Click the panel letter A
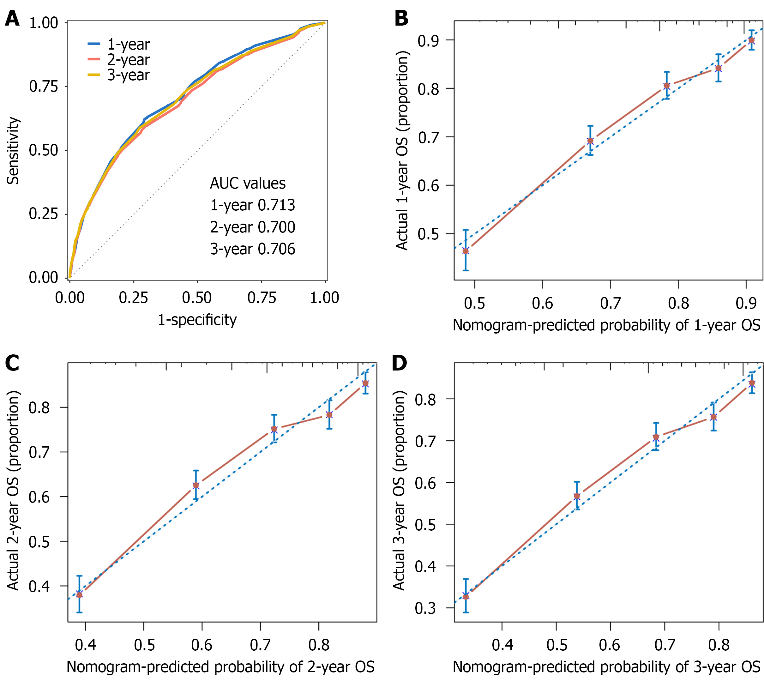tap(12, 18)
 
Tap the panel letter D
tap(399, 363)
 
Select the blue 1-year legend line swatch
tap(94, 44)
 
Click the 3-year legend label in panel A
tap(128, 75)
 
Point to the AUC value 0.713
tap(276, 205)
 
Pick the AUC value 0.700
tap(276, 227)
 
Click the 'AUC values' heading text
tap(248, 183)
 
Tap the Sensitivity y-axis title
tap(13, 151)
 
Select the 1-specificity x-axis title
tap(197, 320)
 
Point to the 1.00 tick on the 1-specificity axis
tap(324, 298)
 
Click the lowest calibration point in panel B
tap(466, 251)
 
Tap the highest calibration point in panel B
tap(752, 40)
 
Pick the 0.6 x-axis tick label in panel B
tap(543, 303)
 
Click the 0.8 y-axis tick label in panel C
tap(39, 407)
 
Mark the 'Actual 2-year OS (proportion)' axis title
tap(13, 491)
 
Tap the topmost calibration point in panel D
tap(752, 383)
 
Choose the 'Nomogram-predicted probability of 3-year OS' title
tap(606, 666)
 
